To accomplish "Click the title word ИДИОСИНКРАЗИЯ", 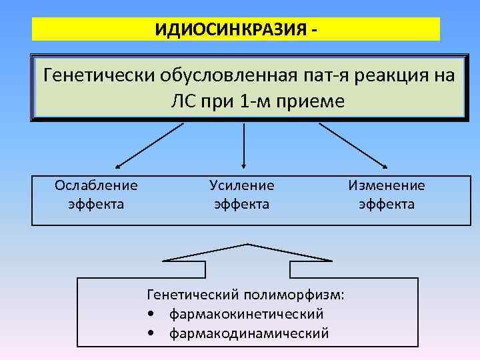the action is click(x=230, y=30).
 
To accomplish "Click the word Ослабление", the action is click(x=96, y=185).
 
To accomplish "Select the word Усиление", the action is click(x=241, y=185).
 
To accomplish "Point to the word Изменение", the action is click(x=386, y=185).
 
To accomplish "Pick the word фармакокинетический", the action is click(x=246, y=313).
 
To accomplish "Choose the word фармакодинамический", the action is click(x=249, y=333).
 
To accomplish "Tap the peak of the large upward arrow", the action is click(x=248, y=245).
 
